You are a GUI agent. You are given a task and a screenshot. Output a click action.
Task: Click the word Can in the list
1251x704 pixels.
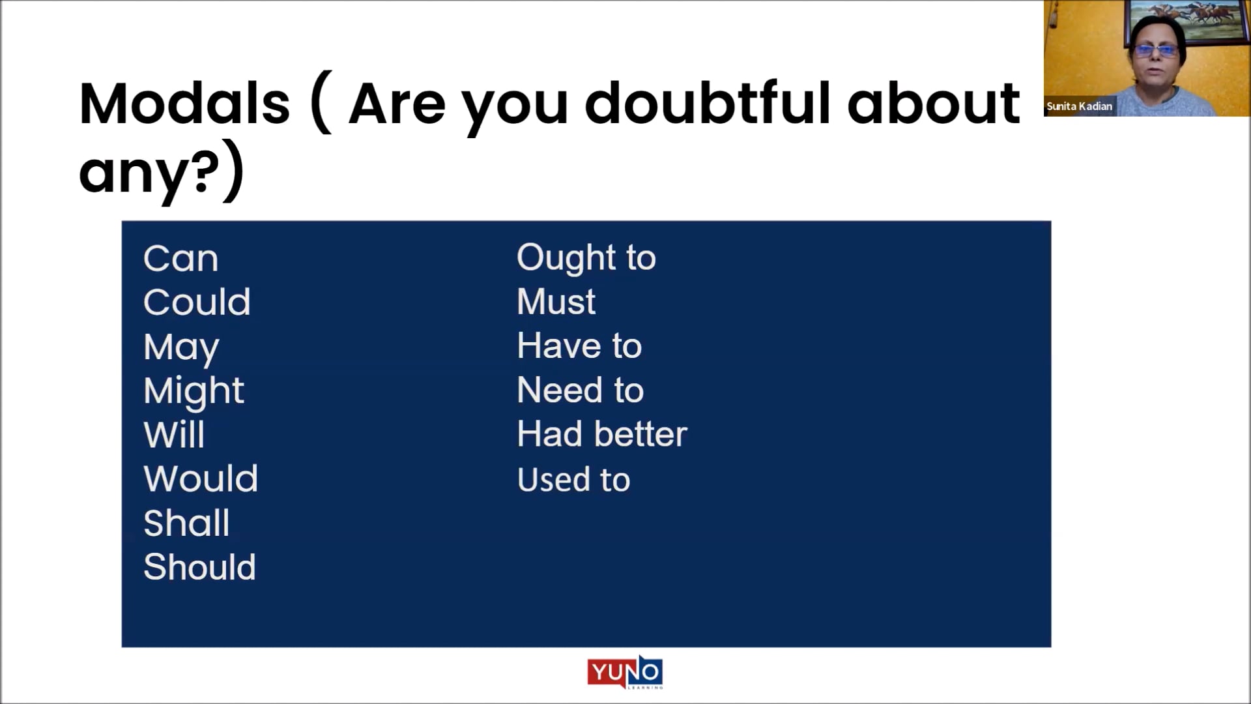[180, 259]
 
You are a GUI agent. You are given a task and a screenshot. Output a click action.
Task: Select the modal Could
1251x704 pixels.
[197, 302]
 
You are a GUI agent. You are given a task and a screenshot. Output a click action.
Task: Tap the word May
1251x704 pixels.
[181, 347]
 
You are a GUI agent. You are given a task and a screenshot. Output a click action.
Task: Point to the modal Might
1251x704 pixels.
[194, 391]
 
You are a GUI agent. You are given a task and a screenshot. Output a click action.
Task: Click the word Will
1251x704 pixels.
[174, 435]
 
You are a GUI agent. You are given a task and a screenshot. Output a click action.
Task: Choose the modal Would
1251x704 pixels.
[201, 479]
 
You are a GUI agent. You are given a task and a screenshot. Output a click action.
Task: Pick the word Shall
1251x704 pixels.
[186, 523]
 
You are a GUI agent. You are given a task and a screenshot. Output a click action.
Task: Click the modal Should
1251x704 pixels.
[199, 567]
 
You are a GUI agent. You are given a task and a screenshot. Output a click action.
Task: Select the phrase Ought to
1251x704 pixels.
[586, 258]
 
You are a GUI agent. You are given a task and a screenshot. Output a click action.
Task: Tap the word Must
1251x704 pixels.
[556, 302]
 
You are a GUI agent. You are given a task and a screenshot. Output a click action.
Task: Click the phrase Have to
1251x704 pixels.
[579, 345]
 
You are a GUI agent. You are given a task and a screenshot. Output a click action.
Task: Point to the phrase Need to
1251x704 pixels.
[580, 390]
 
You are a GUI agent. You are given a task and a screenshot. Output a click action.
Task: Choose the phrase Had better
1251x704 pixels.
[602, 434]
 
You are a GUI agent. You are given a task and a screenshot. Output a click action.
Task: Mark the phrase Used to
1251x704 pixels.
[573, 480]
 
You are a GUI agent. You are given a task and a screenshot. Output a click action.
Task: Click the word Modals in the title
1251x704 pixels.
[184, 104]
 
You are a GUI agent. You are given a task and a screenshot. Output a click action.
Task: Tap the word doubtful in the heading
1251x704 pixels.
[708, 104]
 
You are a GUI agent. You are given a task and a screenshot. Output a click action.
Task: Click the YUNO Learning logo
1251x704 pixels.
[625, 672]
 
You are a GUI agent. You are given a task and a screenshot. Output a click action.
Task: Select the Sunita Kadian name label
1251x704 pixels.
[1079, 106]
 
